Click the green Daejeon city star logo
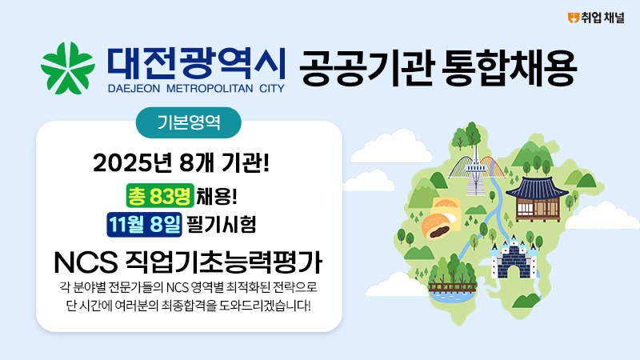coord(68,68)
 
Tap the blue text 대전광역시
coord(196,63)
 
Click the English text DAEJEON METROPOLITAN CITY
coord(196,89)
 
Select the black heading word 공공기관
coord(366,68)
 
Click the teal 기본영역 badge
coord(189,122)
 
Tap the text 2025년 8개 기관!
coord(182,163)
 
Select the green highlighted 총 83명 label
coord(160,196)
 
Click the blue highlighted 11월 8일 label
coord(145,225)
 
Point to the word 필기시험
coord(222,225)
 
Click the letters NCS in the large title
coord(86,262)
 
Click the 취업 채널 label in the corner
coord(603,18)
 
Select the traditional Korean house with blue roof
coord(537,198)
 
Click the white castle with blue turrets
coord(514,258)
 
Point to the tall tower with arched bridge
coord(476,170)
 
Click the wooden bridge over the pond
coord(452,287)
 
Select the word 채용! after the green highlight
coord(217,196)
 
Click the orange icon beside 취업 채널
coord(574,18)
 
